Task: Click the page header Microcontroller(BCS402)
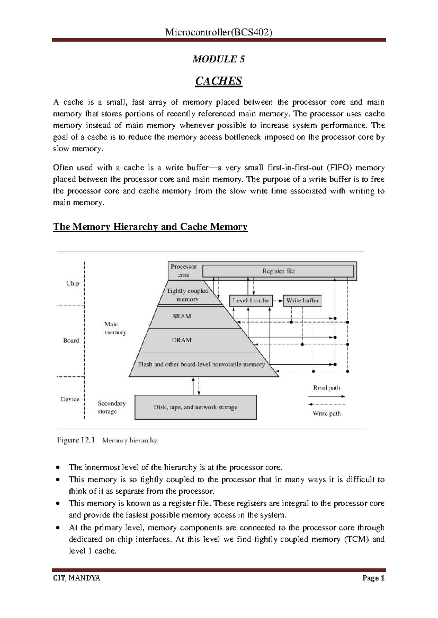[219, 32]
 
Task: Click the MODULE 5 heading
[219, 59]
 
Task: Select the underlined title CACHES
[219, 81]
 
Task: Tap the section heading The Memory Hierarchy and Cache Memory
[150, 227]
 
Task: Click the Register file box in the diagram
[278, 271]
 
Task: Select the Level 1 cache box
[251, 301]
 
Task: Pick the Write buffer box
[302, 301]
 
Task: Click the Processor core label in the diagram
[184, 271]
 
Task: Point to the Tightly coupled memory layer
[188, 295]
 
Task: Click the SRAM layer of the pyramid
[182, 316]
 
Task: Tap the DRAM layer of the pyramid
[182, 340]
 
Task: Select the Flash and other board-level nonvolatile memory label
[201, 364]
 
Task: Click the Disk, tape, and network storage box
[196, 407]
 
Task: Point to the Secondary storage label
[111, 407]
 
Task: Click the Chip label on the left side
[73, 283]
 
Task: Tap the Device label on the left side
[70, 399]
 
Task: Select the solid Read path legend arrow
[326, 396]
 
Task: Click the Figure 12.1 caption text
[108, 440]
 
